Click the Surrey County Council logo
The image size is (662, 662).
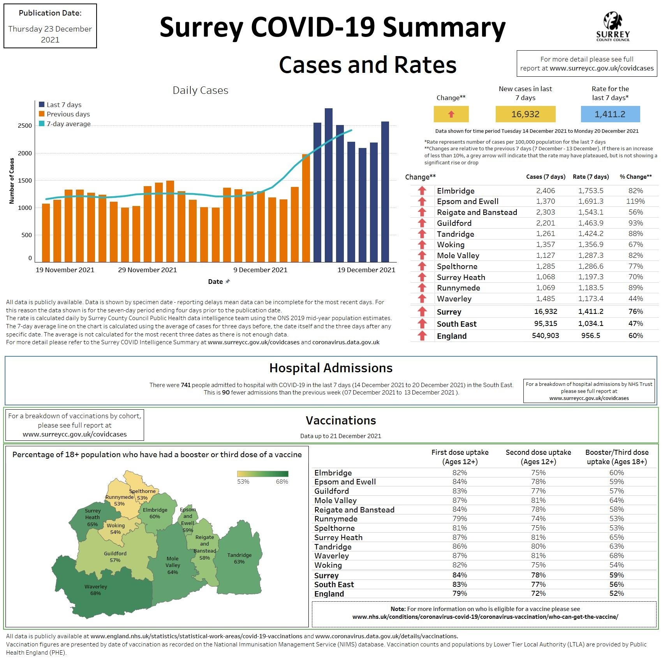[613, 26]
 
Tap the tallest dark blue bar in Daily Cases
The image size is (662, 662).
[329, 185]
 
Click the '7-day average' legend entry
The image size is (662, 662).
[69, 124]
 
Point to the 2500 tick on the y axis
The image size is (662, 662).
[25, 126]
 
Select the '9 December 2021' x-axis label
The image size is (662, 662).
[260, 270]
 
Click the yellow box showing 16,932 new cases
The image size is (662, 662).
[525, 114]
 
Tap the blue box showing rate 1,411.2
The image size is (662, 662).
[610, 114]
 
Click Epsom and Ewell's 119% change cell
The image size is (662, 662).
[636, 201]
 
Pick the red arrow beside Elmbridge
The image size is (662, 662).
[422, 191]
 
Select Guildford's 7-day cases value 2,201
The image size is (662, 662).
[545, 223]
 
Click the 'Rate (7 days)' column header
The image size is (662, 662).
[590, 177]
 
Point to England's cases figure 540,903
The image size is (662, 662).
[545, 336]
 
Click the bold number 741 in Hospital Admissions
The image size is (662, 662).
[186, 385]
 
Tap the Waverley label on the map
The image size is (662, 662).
[96, 587]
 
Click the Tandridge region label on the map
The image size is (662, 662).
[239, 555]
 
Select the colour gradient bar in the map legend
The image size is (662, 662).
[262, 474]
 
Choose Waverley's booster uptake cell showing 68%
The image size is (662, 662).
[616, 556]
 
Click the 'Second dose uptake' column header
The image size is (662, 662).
[538, 457]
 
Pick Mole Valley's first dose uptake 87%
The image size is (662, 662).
[460, 500]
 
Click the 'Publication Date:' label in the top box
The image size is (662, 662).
[50, 13]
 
